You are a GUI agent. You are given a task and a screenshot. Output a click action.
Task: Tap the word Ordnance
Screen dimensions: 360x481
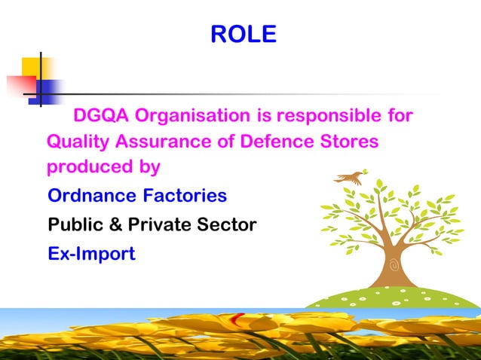[92, 197]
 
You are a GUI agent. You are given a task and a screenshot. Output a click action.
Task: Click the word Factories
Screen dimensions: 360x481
[185, 197]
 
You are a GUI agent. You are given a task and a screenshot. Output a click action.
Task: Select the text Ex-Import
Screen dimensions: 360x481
[91, 254]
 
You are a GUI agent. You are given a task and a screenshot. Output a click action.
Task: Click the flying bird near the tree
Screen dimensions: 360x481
[351, 178]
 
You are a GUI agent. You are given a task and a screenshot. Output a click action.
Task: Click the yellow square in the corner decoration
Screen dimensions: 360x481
[35, 68]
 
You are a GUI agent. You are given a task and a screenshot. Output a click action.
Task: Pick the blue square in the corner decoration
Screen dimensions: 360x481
[47, 90]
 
